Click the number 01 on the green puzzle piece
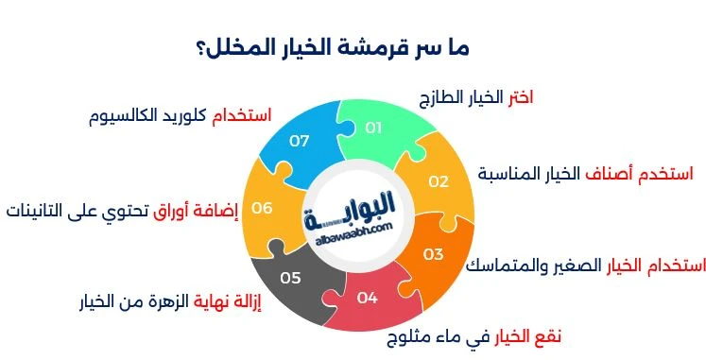pyautogui.click(x=373, y=128)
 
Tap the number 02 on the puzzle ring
pyautogui.click(x=438, y=181)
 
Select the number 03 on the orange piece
pyautogui.click(x=433, y=254)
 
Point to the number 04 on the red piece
pyautogui.click(x=368, y=298)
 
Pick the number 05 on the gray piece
pyautogui.click(x=290, y=278)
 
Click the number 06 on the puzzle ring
pyautogui.click(x=262, y=208)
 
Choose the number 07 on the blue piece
pyautogui.click(x=300, y=141)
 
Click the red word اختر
pyautogui.click(x=520, y=97)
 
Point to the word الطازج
pyautogui.click(x=447, y=98)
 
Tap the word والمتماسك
pyautogui.click(x=510, y=266)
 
